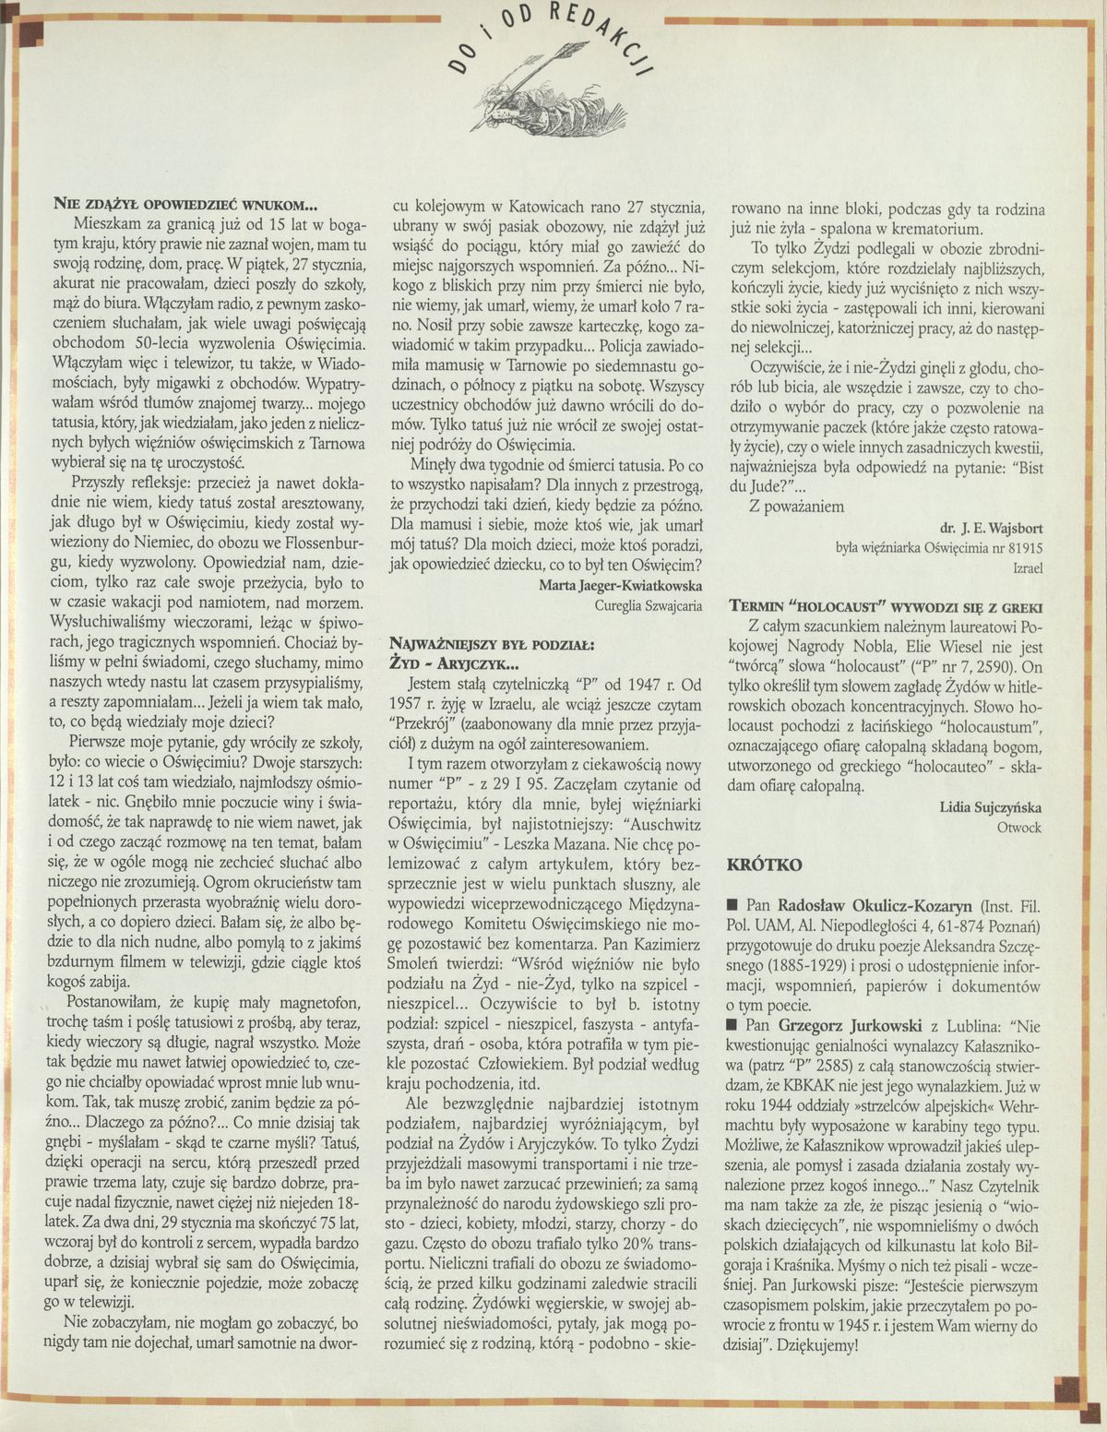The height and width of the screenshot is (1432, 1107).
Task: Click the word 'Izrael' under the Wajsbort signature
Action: click(1027, 567)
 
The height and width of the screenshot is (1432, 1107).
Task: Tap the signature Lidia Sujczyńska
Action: click(991, 807)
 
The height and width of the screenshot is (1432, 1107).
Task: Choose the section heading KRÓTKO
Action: click(765, 865)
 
